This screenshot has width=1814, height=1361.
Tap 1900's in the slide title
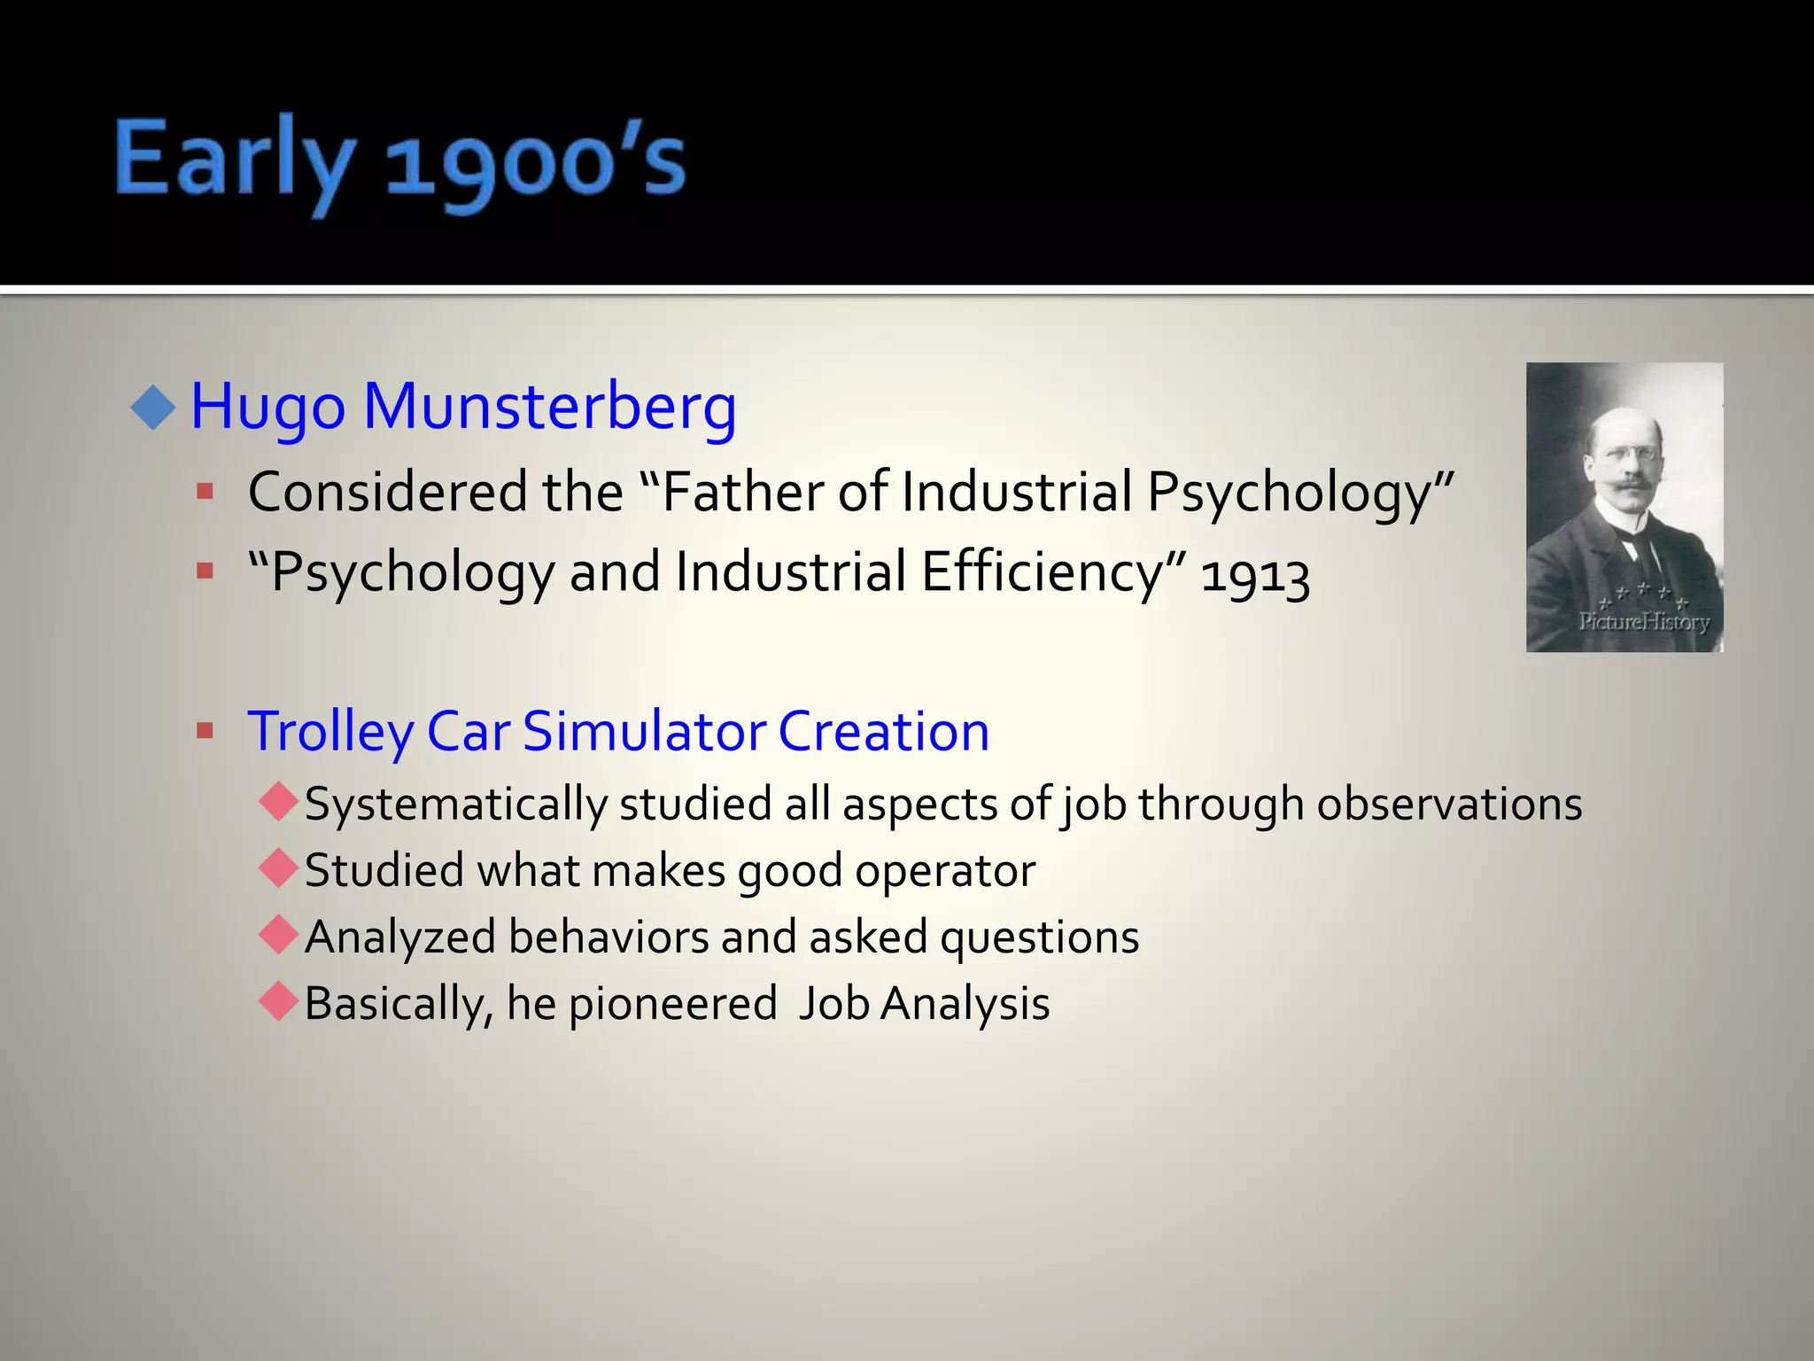click(535, 164)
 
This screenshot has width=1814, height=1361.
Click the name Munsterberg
click(549, 407)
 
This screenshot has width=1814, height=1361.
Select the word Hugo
click(267, 408)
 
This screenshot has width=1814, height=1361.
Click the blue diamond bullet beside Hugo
click(153, 408)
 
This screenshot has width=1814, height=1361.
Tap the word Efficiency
click(1042, 572)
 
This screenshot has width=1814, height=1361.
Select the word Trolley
click(330, 733)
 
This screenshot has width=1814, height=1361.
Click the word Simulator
click(644, 732)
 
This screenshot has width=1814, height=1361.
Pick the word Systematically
click(455, 805)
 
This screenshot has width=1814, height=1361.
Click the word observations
click(1449, 805)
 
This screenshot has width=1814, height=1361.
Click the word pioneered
click(672, 1005)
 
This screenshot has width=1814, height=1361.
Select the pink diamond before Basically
click(279, 1001)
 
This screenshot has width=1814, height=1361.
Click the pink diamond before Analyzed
click(279, 935)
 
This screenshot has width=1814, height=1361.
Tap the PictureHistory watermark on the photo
click(1643, 621)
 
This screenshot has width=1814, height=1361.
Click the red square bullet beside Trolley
click(205, 731)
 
